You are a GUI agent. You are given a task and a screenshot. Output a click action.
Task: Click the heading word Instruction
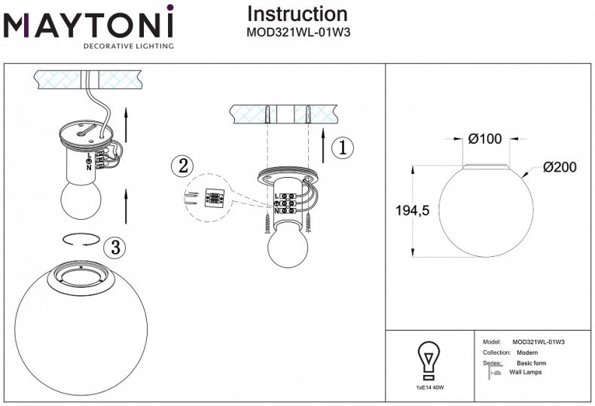297,14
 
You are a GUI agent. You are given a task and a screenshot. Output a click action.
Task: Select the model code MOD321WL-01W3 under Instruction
298,32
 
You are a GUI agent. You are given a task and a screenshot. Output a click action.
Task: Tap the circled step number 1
342,148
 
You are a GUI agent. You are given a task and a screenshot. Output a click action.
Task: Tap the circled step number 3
114,246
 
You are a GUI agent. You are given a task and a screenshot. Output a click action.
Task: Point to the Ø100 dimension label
484,139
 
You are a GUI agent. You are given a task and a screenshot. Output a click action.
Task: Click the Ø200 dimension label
559,167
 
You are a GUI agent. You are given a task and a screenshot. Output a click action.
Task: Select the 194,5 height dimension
412,212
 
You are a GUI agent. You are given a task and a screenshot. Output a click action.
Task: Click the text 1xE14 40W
429,387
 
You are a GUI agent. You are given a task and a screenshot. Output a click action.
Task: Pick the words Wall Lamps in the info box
525,372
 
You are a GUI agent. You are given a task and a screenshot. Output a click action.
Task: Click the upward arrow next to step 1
322,148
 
